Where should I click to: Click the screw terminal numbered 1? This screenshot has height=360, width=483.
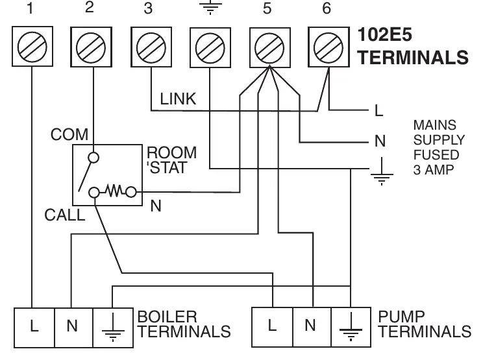click(x=32, y=47)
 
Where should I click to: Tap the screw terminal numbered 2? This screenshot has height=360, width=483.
click(x=91, y=47)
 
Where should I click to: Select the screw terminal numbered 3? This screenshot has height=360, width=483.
click(x=151, y=47)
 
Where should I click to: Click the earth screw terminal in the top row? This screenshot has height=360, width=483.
click(x=210, y=48)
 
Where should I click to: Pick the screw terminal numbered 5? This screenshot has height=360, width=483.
click(x=270, y=48)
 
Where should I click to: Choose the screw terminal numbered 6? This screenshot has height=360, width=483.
click(x=328, y=47)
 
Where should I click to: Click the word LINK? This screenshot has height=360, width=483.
click(x=178, y=99)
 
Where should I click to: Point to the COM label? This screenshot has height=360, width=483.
click(x=69, y=134)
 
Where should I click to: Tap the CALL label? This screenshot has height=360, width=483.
click(x=65, y=215)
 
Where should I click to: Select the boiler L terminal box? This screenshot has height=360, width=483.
click(x=34, y=328)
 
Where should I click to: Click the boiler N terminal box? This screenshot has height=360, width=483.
click(x=73, y=328)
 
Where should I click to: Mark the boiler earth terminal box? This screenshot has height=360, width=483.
click(x=113, y=328)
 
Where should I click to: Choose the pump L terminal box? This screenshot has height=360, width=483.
click(x=272, y=327)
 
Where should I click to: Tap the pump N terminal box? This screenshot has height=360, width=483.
click(x=312, y=327)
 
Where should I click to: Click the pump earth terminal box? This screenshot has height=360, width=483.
click(x=351, y=327)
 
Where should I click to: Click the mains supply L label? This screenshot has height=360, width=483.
click(x=379, y=110)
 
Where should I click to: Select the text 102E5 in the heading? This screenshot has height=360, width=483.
click(x=385, y=34)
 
